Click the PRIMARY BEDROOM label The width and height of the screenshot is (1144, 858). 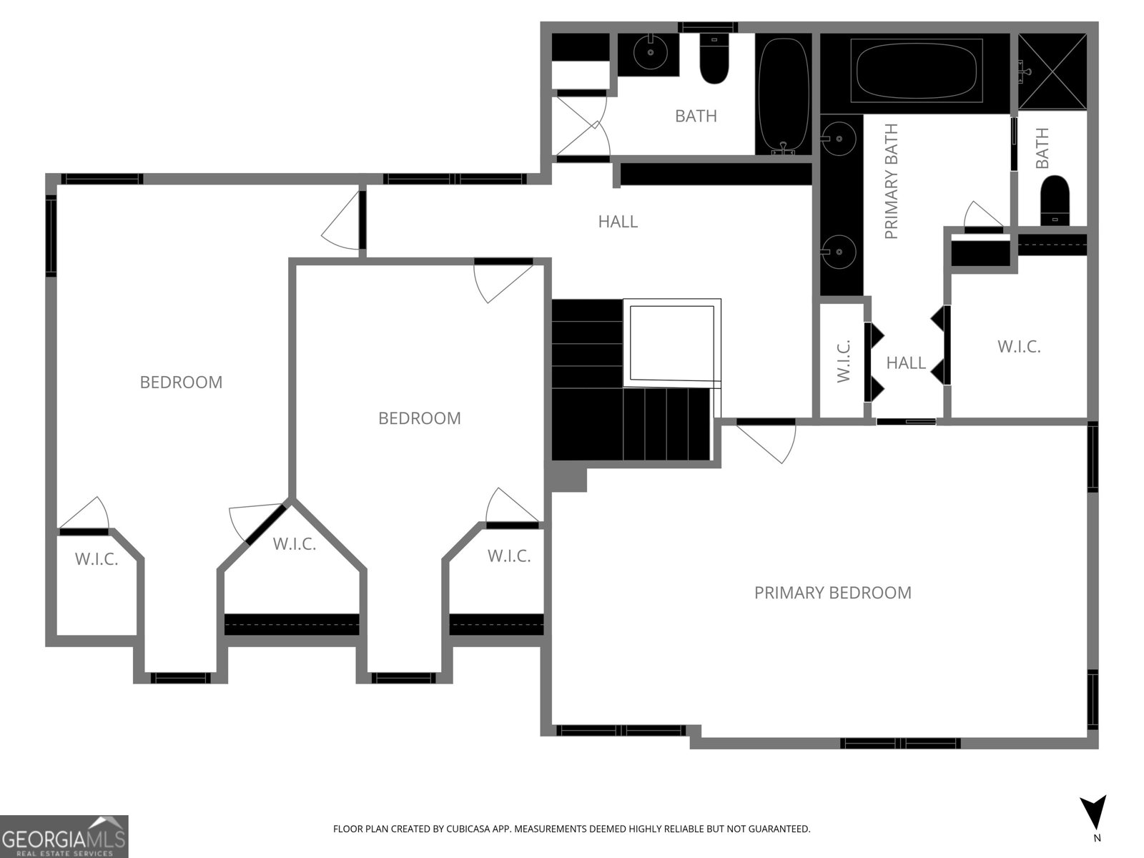(x=832, y=593)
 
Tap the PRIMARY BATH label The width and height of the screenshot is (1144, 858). (x=891, y=182)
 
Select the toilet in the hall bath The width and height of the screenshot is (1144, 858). (x=714, y=59)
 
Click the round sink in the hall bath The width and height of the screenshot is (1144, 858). (x=651, y=52)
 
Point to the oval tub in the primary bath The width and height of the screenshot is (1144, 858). (x=916, y=71)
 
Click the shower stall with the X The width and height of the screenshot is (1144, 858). (x=1052, y=72)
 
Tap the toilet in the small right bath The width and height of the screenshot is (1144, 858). (x=1055, y=201)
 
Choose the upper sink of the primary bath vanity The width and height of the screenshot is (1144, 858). (x=838, y=139)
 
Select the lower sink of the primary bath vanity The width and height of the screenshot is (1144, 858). (x=838, y=252)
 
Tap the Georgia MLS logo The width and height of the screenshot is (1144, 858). (x=64, y=836)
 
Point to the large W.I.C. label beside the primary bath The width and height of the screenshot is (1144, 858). (x=1019, y=347)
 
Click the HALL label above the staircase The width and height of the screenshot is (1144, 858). (x=618, y=222)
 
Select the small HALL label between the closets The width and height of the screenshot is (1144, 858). (x=906, y=363)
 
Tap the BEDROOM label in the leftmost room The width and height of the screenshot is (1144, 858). (x=181, y=383)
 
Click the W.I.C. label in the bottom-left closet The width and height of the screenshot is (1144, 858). (x=97, y=559)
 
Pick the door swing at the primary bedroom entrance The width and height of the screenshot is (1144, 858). (x=766, y=443)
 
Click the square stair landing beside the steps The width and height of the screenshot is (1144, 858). (x=672, y=343)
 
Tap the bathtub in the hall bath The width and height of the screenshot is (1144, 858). (x=784, y=95)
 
